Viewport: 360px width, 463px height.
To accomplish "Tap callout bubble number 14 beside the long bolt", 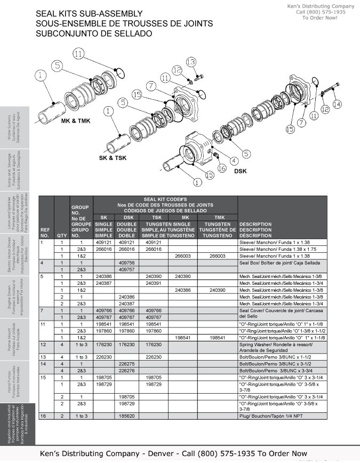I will tap(337, 104).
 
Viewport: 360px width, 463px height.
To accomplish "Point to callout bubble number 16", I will tap(222, 168).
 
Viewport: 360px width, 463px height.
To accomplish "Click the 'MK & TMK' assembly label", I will tap(75, 121).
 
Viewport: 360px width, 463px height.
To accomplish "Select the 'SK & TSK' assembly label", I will tap(113, 158).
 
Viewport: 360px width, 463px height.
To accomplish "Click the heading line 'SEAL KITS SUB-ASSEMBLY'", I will tap(89, 14).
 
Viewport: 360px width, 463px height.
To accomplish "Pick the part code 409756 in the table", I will tap(126, 263).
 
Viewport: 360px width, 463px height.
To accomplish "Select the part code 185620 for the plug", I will tap(126, 414).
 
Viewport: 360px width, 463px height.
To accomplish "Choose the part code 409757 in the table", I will tap(126, 270).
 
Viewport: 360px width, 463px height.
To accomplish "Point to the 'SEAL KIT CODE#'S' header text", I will tap(165, 199).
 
